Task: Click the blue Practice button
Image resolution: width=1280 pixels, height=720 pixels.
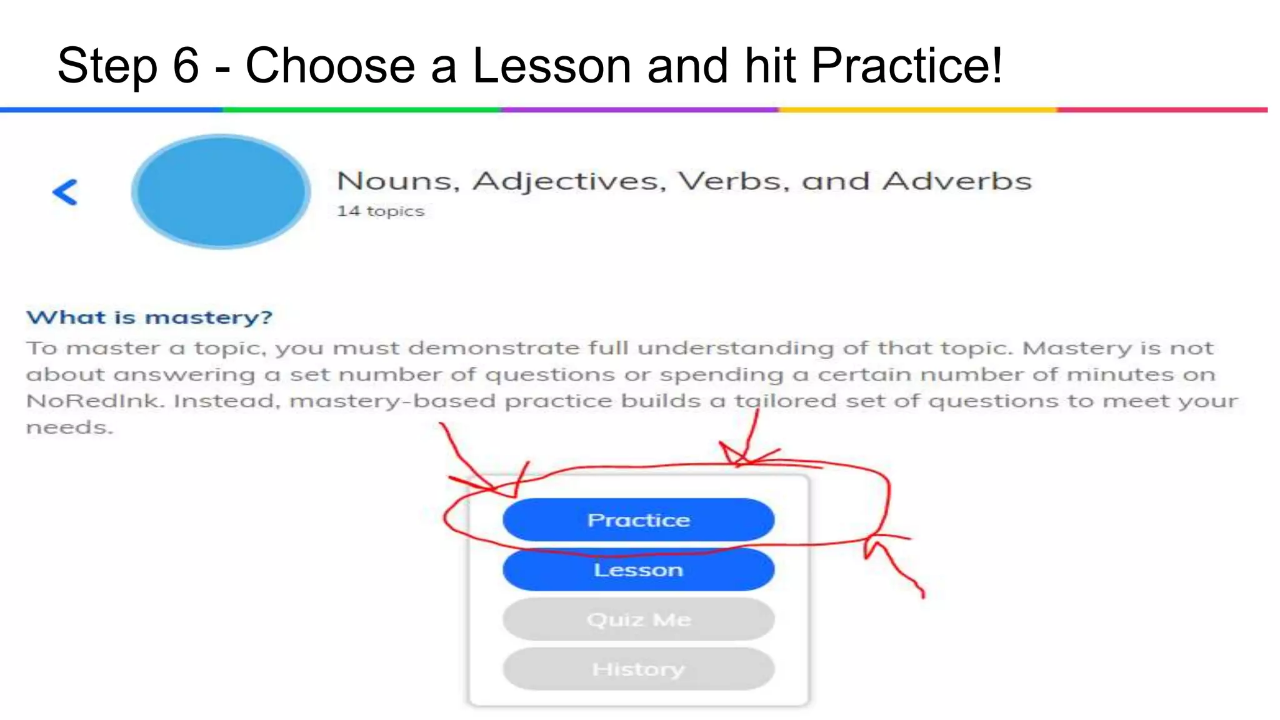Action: (x=638, y=520)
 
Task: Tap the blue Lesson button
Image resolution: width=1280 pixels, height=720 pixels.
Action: (x=638, y=570)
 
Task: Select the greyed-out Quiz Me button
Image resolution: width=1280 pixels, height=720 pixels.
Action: (x=638, y=619)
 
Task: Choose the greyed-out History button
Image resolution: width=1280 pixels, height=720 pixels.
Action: (x=638, y=669)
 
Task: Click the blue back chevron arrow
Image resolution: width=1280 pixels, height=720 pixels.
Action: (x=65, y=192)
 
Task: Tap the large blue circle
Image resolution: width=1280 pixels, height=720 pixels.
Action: (x=221, y=191)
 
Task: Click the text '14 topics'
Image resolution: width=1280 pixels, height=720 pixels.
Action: (x=380, y=211)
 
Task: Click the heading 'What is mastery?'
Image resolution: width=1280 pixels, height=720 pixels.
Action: (x=149, y=317)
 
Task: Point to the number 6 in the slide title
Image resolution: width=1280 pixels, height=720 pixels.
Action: (x=186, y=66)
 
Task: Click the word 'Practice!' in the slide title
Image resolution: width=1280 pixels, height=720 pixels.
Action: (x=907, y=66)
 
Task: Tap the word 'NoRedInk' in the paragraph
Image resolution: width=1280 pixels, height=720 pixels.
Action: (x=94, y=401)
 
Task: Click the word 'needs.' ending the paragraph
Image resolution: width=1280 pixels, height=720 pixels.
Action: (x=69, y=427)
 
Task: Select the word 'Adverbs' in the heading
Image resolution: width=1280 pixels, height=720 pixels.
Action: (x=956, y=181)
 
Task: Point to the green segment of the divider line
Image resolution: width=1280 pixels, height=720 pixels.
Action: (x=362, y=110)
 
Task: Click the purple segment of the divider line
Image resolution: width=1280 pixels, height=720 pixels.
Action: (x=639, y=110)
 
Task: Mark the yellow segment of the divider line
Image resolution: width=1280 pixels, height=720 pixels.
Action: (x=917, y=110)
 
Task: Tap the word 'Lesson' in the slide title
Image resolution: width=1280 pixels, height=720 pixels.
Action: (x=551, y=66)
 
